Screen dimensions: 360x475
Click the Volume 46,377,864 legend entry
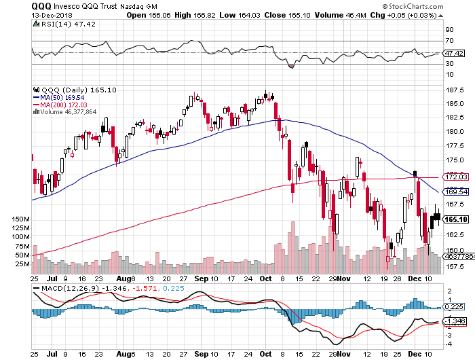(68, 112)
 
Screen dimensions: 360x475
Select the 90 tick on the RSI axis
(449, 31)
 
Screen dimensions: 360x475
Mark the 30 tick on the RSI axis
(449, 64)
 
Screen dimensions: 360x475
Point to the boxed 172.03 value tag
(454, 177)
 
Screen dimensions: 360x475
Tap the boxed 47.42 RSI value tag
(453, 52)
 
